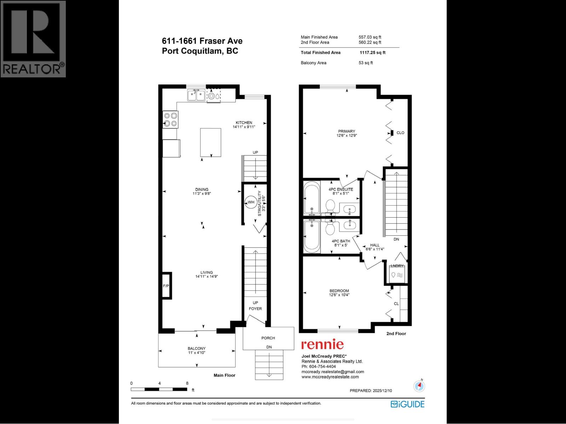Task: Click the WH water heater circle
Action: tap(251, 202)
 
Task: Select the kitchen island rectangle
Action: tap(210, 142)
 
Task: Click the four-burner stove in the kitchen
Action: tap(170, 119)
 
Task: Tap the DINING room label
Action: tap(202, 189)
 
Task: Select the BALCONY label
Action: tap(196, 348)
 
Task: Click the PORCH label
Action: tap(268, 338)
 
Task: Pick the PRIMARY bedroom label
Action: tap(346, 131)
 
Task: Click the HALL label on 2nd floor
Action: tap(375, 245)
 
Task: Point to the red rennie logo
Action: tap(322, 344)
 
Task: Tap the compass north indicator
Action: tap(419, 386)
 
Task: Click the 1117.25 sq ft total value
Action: tap(372, 53)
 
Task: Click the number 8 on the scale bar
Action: tap(187, 383)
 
